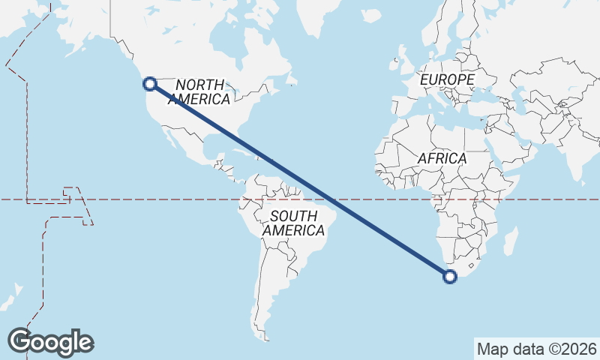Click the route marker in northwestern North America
[x=149, y=84]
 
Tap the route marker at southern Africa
[x=450, y=277]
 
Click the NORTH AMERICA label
[x=199, y=91]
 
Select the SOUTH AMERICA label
[x=294, y=223]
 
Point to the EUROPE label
[x=447, y=79]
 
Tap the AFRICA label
[x=442, y=159]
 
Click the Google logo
[x=50, y=342]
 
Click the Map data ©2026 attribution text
[x=537, y=349]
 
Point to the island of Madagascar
[x=510, y=241]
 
